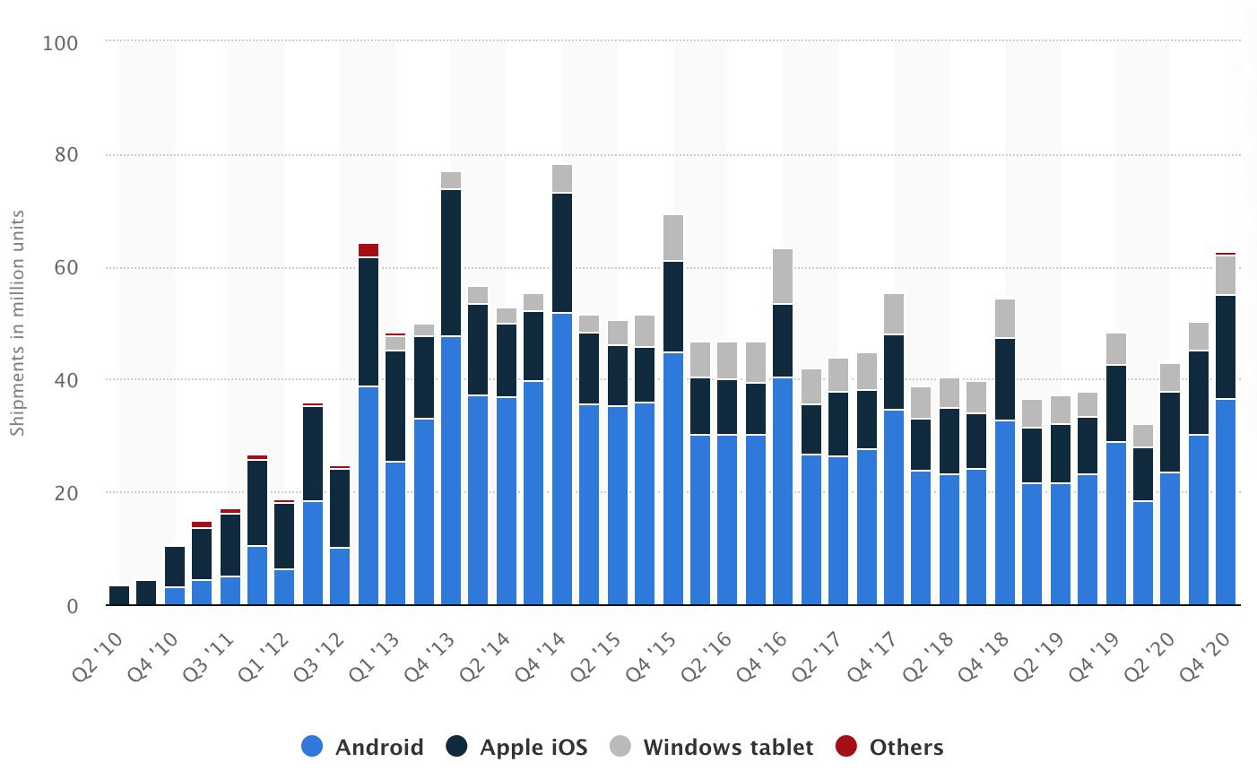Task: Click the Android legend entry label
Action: (x=378, y=747)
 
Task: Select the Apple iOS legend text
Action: (x=533, y=747)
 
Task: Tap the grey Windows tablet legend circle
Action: (x=620, y=746)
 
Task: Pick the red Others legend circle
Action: (x=846, y=746)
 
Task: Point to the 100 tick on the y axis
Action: (x=60, y=43)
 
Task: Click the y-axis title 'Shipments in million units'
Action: (x=17, y=323)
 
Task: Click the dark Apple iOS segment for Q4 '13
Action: (x=451, y=263)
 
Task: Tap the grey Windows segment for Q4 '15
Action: (x=673, y=238)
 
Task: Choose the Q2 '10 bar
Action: (x=119, y=595)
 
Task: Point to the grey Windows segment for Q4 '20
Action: (x=1226, y=275)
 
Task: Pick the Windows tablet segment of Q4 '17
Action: (x=894, y=314)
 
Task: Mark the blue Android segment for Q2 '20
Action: (x=1170, y=538)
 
